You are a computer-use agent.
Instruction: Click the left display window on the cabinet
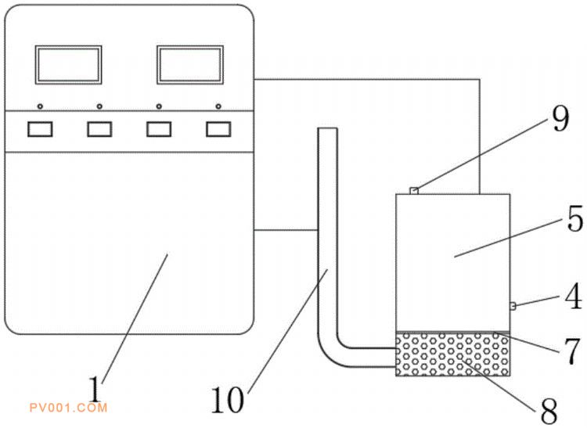[69, 65]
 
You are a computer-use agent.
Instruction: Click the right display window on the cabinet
[190, 65]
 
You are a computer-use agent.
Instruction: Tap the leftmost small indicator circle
[40, 106]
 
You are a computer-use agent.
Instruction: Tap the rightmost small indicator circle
[218, 106]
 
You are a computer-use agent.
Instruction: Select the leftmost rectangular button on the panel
[40, 129]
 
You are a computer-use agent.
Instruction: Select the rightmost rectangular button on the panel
[218, 129]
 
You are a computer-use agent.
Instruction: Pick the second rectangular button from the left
[99, 129]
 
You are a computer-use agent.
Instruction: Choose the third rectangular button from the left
[159, 129]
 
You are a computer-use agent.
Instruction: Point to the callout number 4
[574, 297]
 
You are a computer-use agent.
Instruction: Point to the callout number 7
[572, 352]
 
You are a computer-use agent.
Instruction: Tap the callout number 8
[549, 411]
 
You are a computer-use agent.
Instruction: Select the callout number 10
[228, 401]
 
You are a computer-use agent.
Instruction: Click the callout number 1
[95, 389]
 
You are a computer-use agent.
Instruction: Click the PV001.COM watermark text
[69, 408]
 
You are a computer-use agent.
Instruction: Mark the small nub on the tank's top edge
[414, 191]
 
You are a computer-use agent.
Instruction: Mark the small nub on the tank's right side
[513, 306]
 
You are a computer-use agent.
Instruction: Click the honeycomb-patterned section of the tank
[453, 354]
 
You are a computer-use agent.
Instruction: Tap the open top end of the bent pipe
[327, 128]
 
